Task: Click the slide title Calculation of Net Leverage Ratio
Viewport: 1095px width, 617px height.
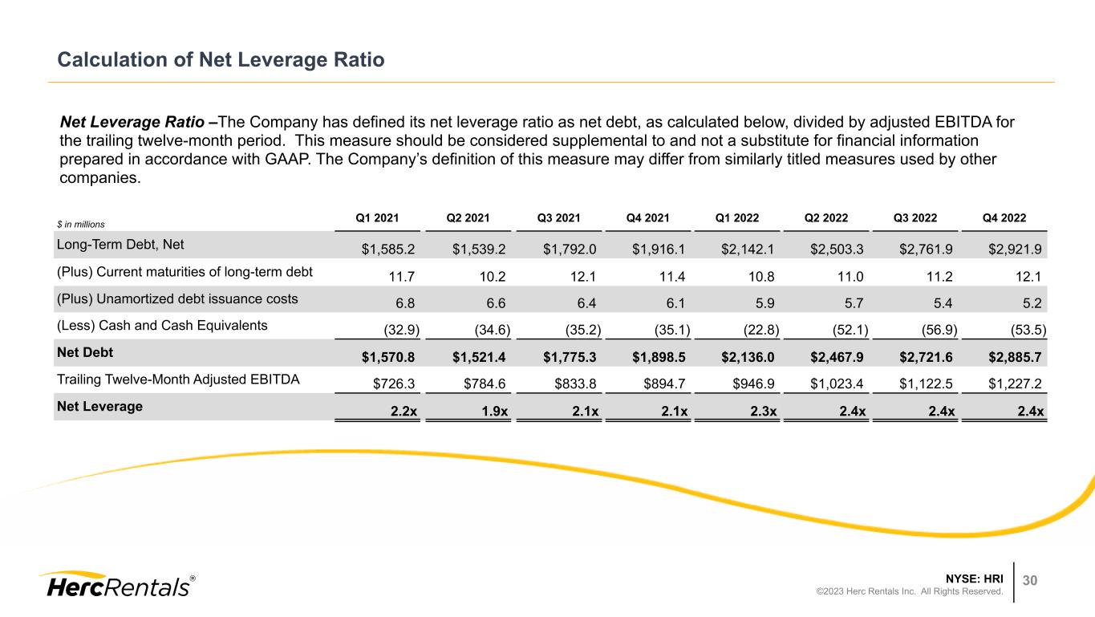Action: (221, 60)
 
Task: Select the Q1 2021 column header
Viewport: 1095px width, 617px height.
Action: (378, 217)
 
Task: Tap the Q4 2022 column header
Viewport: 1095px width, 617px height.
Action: (1004, 217)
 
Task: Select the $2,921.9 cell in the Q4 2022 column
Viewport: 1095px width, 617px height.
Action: (1015, 246)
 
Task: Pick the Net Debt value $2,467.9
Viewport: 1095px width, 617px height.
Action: (837, 355)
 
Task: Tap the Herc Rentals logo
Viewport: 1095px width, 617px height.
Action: (116, 586)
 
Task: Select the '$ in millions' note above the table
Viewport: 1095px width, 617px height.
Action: (83, 224)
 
